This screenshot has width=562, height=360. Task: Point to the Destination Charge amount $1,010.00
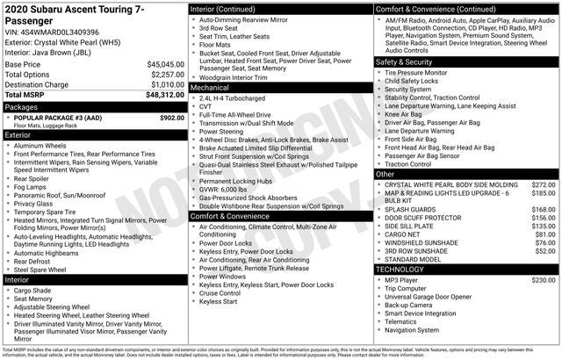[162, 83]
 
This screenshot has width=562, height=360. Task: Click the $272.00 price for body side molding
[544, 185]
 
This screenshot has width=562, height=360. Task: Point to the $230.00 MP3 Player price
[544, 279]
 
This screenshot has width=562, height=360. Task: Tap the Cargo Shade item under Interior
[33, 290]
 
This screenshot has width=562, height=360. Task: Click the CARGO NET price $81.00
[546, 234]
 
